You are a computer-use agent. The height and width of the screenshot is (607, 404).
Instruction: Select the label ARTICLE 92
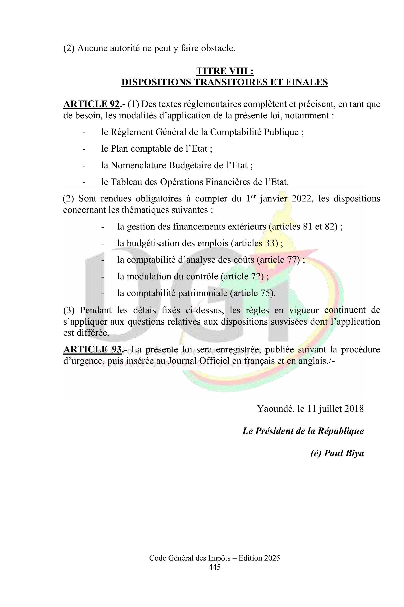point(92,104)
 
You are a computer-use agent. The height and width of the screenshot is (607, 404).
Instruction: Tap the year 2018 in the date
point(354,409)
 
